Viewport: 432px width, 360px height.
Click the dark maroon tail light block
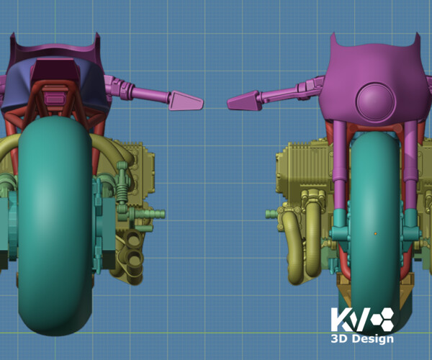click(x=55, y=72)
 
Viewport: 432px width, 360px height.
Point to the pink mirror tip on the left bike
click(x=186, y=100)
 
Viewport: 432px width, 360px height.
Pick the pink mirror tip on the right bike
click(x=243, y=102)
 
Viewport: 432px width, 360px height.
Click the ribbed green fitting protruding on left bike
click(x=148, y=214)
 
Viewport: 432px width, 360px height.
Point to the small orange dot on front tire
click(x=375, y=233)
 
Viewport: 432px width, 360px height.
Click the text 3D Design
click(x=361, y=339)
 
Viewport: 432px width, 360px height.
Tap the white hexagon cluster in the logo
click(x=382, y=320)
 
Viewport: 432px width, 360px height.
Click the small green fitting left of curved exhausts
click(x=272, y=213)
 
